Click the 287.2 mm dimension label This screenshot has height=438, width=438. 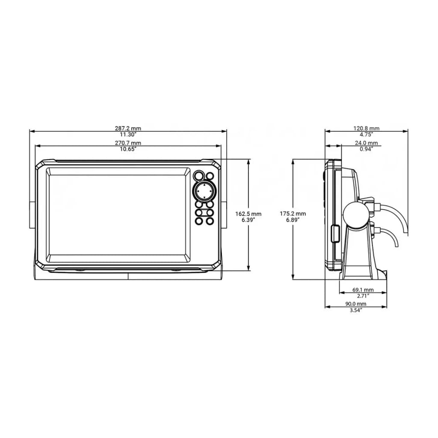point(128,128)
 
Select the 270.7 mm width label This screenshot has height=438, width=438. point(128,143)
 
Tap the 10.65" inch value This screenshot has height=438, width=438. point(128,149)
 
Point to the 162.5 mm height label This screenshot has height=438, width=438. point(249,214)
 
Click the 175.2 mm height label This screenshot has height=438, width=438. point(293,214)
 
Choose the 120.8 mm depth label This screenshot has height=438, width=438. point(366,128)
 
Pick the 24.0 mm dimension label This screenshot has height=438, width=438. point(366,143)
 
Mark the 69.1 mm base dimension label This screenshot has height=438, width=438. point(363,290)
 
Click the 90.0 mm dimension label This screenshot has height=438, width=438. point(355,304)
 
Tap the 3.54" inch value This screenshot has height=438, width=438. point(355,310)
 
